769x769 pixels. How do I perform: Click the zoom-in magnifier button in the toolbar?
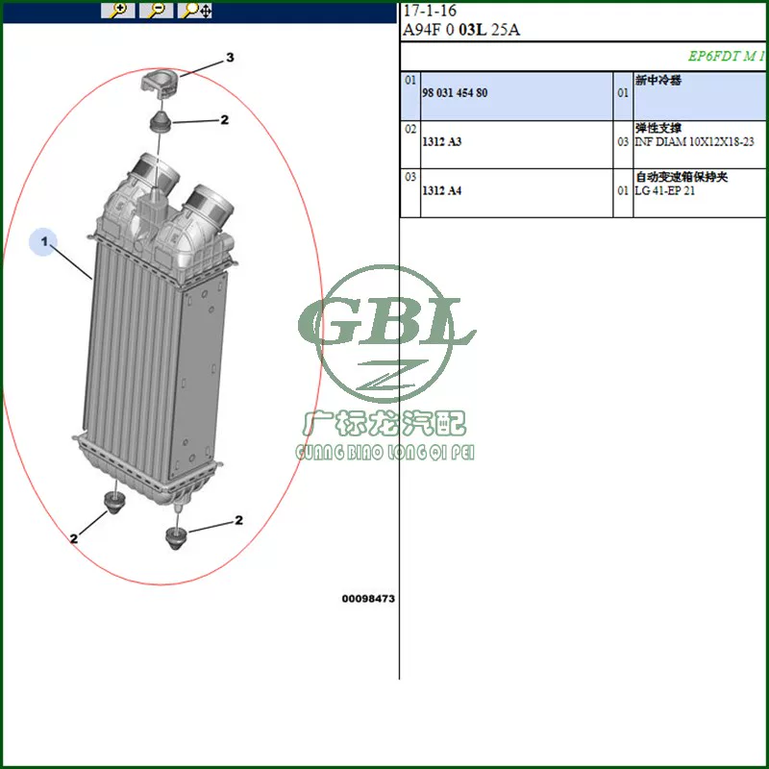tap(118, 10)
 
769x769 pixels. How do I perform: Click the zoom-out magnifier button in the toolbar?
tap(157, 10)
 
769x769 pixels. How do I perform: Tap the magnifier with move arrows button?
tap(195, 10)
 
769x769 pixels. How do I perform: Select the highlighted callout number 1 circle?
tap(43, 242)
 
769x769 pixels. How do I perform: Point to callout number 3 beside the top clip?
tap(230, 58)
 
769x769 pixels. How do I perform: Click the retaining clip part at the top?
tap(160, 83)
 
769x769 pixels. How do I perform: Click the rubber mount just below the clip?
tap(160, 121)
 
